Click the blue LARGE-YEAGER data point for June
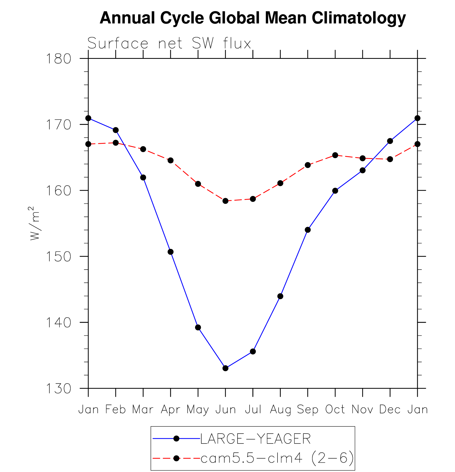point(225,368)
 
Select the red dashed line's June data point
point(225,201)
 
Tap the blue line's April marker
point(171,252)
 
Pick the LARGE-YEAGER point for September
point(308,230)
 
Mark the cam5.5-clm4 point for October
point(335,155)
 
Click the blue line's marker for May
point(198,327)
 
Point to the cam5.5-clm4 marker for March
point(143,149)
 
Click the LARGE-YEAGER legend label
point(255,439)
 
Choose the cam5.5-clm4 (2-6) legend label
point(277,458)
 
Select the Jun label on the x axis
point(226,409)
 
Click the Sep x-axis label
point(308,409)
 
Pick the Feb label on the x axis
point(116,409)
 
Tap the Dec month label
point(390,409)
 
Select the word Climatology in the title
point(359,18)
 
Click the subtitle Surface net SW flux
point(169,43)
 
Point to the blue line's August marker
point(280,296)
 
